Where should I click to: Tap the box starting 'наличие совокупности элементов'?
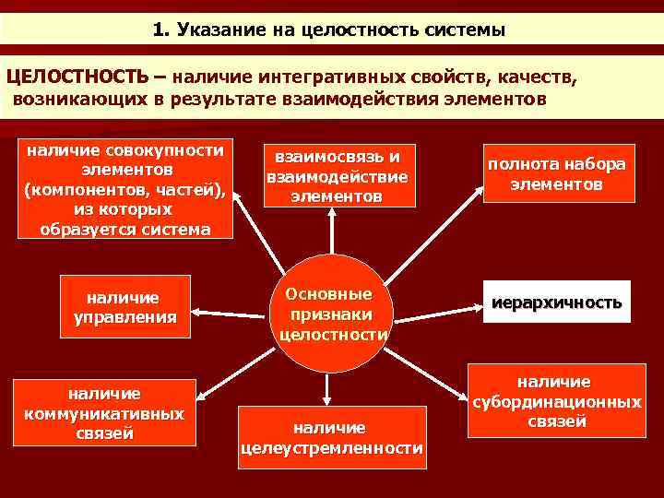[x=125, y=189]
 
